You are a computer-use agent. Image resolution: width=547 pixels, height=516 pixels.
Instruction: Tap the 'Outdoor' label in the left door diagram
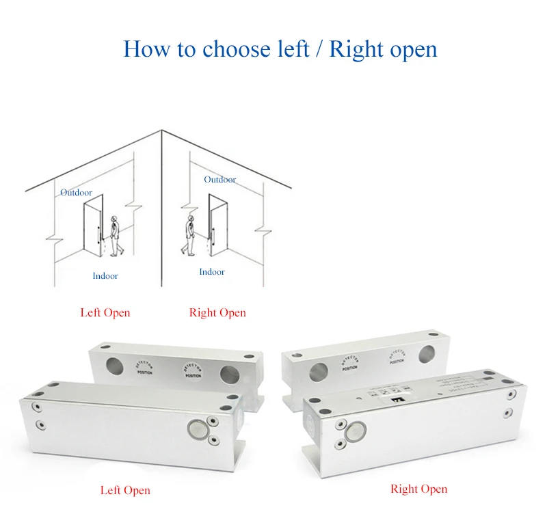(76, 193)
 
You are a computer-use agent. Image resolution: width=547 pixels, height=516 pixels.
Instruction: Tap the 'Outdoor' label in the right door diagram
(219, 180)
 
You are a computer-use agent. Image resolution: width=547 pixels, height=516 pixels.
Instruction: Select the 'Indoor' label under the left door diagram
(105, 276)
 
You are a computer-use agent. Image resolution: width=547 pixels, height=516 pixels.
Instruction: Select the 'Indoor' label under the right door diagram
(212, 272)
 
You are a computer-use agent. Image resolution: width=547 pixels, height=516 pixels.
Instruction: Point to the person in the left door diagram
(114, 236)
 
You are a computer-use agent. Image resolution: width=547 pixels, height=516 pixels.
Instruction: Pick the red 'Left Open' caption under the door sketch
(105, 313)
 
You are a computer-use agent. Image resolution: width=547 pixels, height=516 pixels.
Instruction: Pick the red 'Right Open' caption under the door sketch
(217, 313)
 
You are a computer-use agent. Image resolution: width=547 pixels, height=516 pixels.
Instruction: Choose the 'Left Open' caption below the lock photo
(125, 490)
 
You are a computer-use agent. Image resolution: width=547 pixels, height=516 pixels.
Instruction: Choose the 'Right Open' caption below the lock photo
(418, 489)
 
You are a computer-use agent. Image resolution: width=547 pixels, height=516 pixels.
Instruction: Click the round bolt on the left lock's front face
(196, 429)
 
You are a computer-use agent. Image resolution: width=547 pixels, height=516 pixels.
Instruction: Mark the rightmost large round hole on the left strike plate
(227, 374)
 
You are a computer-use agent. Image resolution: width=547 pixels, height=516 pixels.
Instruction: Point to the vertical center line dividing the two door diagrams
(161, 205)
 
